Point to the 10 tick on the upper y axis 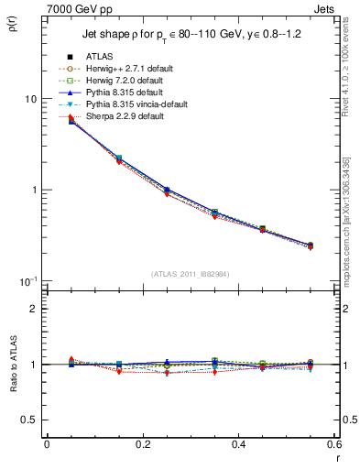coord(30,99)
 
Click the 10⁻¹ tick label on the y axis coord(27,280)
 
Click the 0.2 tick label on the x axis coord(142,444)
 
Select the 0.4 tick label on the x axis coord(238,444)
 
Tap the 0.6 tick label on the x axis coord(333,444)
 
